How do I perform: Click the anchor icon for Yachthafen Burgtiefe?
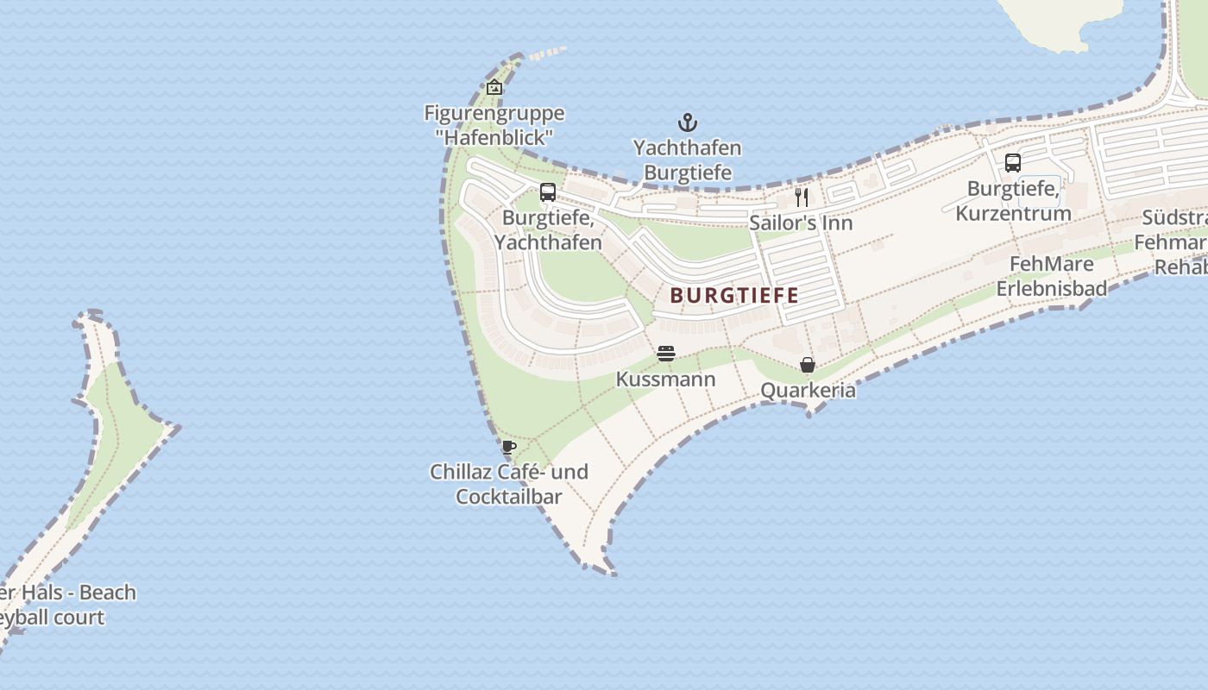click(x=687, y=122)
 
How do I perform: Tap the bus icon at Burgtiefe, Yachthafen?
click(x=548, y=192)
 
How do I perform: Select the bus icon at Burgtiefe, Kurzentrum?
click(x=1013, y=163)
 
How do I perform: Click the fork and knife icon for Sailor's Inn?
click(x=802, y=198)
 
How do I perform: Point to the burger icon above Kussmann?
click(x=665, y=354)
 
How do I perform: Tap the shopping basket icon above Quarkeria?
click(x=808, y=365)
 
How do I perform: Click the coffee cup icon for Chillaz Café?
click(x=509, y=447)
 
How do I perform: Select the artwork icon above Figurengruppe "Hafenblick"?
click(x=494, y=87)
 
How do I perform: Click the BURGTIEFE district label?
click(x=734, y=295)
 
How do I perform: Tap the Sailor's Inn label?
click(x=801, y=223)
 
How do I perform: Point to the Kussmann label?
click(x=665, y=379)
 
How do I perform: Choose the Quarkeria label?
click(x=808, y=390)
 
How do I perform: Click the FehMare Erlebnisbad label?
click(x=1052, y=276)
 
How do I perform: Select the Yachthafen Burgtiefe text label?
click(x=688, y=160)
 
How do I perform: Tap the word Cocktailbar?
click(x=509, y=497)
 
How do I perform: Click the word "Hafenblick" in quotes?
click(x=494, y=137)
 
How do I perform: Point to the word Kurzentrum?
click(x=1013, y=213)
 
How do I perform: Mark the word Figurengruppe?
click(x=494, y=113)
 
